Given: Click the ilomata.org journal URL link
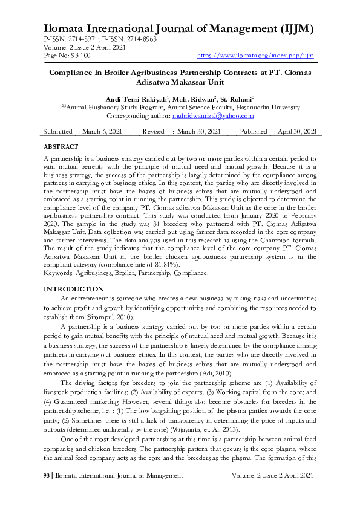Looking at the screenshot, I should (257, 56).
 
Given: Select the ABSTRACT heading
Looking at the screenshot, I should (61, 147).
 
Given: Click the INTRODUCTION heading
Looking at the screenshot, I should (74, 290).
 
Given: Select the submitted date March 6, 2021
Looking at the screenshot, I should (102, 132).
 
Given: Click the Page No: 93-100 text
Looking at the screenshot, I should (67, 56).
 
